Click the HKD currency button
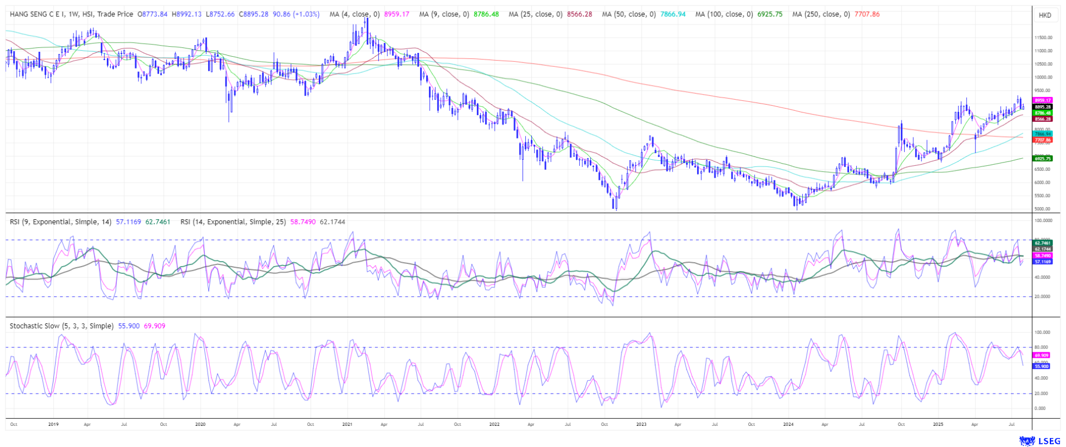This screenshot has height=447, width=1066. (1044, 15)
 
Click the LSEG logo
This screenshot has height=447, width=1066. (1039, 441)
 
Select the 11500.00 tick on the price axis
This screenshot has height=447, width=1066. (1043, 38)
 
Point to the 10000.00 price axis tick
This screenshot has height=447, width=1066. (1043, 77)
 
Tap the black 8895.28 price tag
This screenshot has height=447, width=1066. (1043, 107)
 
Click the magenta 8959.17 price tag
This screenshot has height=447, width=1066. (1043, 101)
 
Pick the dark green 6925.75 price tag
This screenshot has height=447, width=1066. (1043, 159)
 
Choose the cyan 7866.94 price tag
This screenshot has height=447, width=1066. (1043, 134)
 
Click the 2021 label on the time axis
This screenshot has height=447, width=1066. (347, 424)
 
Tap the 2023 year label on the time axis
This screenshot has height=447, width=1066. (641, 424)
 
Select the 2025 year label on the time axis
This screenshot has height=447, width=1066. (938, 424)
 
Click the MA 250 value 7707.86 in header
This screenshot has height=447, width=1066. (867, 14)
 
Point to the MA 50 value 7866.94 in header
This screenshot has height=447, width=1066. (673, 14)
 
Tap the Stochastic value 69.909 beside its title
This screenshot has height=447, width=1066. (154, 326)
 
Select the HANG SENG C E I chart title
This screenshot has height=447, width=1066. (71, 14)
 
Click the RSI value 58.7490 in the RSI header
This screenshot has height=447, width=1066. (303, 222)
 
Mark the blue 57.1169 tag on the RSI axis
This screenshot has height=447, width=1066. (1043, 261)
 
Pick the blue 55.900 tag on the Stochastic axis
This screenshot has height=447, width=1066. (1042, 366)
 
